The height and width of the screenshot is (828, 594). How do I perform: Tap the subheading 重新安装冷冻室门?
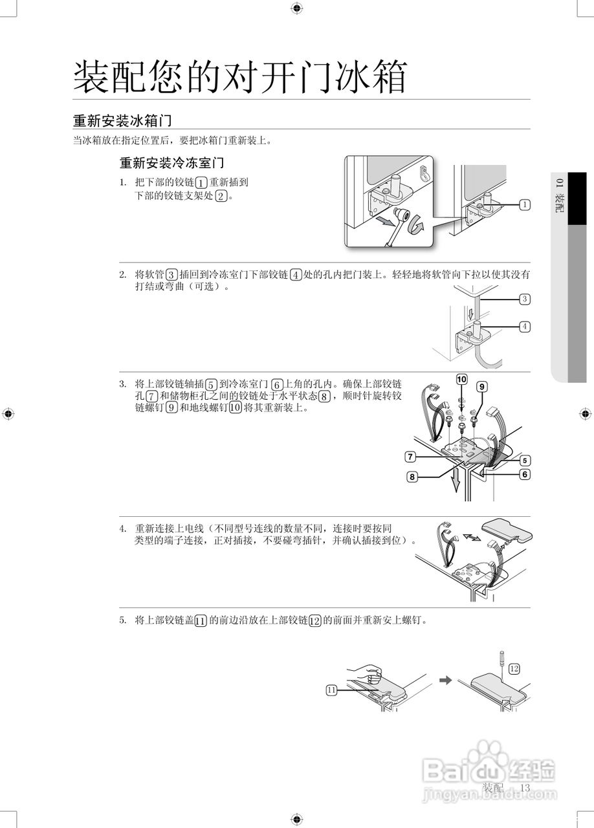171,162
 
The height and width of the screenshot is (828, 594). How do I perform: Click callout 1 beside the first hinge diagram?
524,204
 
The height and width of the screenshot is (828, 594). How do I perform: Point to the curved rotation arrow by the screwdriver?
418,226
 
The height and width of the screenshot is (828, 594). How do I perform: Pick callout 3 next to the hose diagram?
525,299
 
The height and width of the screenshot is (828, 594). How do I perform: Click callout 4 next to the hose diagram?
525,327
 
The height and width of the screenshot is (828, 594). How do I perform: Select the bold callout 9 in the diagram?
481,386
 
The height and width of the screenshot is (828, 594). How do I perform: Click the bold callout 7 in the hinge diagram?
410,457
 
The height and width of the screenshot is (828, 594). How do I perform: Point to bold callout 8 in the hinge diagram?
412,477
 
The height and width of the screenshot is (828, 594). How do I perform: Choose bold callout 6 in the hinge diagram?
525,474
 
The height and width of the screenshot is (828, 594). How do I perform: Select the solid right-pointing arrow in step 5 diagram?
445,680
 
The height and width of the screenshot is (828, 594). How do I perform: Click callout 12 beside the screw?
514,669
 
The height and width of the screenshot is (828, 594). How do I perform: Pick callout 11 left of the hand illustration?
331,690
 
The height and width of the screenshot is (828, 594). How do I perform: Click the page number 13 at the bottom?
524,787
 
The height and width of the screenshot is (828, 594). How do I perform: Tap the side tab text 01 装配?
558,193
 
